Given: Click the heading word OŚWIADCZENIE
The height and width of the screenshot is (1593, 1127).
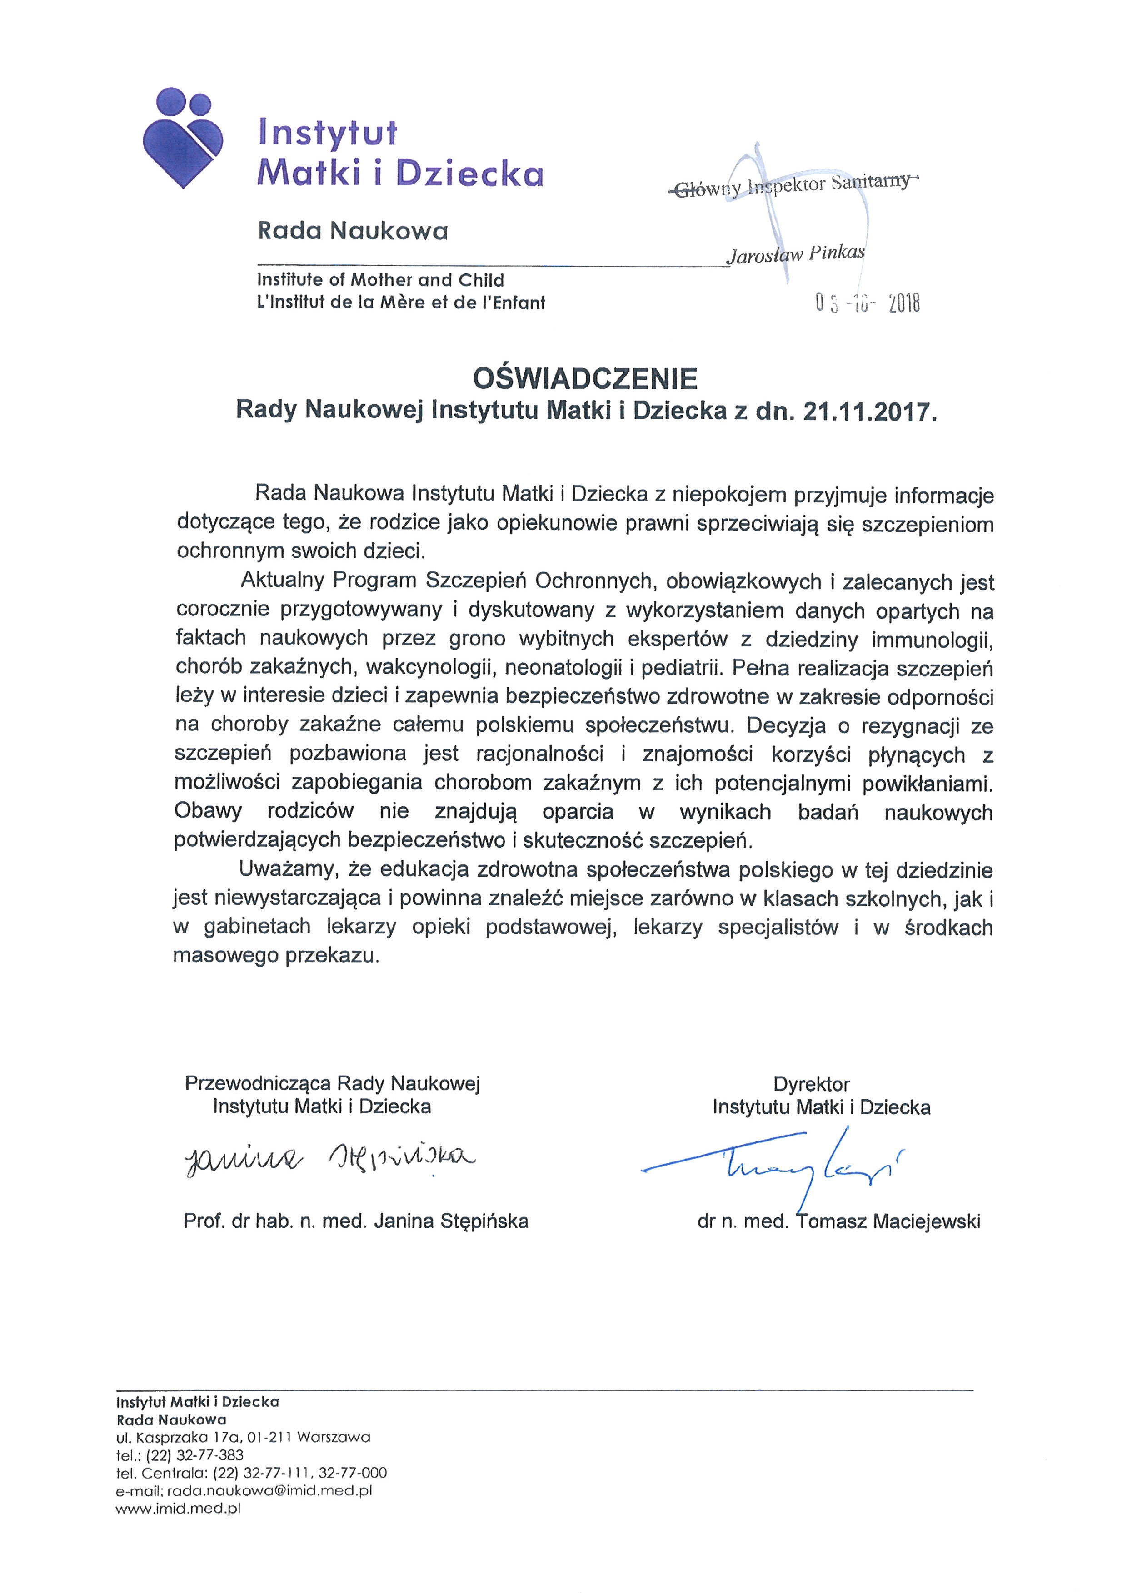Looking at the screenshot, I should (x=585, y=379).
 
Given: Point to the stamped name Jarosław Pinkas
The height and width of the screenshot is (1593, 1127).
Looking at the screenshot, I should (x=795, y=254).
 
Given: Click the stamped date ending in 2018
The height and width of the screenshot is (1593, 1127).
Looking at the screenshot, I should (x=868, y=303).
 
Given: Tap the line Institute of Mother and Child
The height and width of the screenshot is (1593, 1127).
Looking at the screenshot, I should (x=380, y=280).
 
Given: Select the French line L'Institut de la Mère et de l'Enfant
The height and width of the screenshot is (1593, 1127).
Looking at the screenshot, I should (x=400, y=303).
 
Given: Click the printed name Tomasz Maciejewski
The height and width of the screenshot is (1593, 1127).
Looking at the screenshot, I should (x=888, y=1221).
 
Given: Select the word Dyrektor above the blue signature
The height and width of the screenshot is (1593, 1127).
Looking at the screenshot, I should (x=811, y=1084).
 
